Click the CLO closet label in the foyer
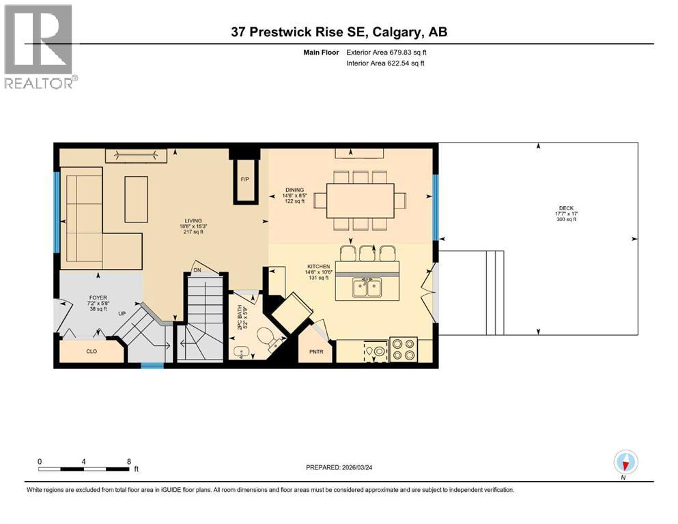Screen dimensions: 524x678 click(x=92, y=353)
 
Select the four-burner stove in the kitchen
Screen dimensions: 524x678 click(x=403, y=349)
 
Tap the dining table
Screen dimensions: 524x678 click(x=361, y=201)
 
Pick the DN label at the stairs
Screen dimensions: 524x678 click(x=197, y=270)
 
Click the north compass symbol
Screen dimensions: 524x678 click(x=625, y=463)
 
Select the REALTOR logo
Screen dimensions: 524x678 click(x=40, y=46)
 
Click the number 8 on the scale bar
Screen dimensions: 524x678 click(x=128, y=461)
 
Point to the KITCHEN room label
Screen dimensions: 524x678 click(x=318, y=266)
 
